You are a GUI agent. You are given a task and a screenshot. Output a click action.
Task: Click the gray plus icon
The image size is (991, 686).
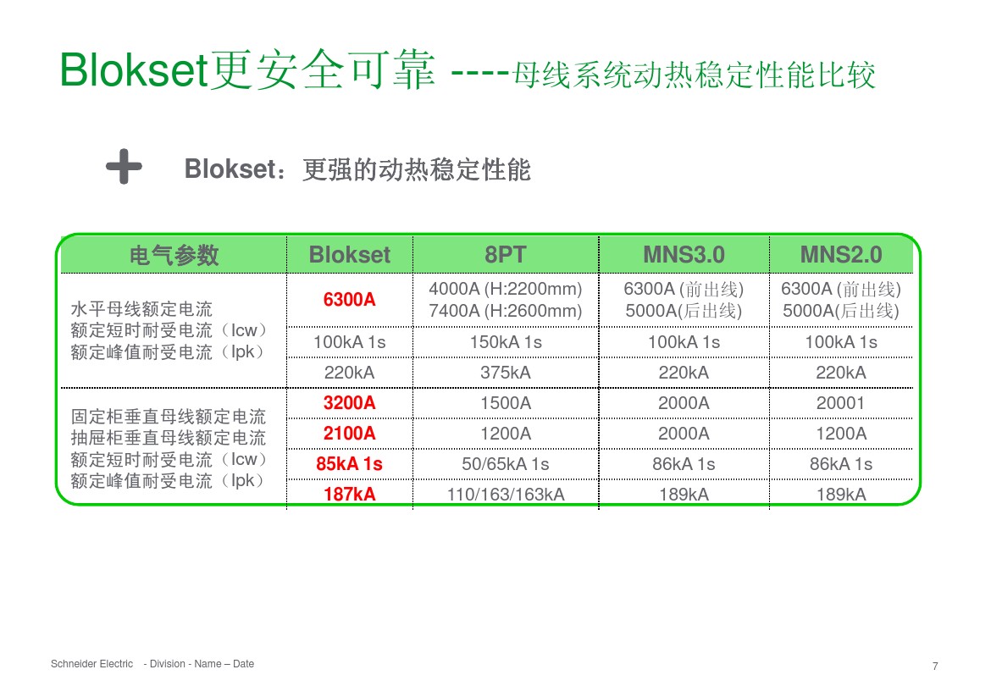click(x=124, y=168)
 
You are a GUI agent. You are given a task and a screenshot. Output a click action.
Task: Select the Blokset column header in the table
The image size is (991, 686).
click(x=350, y=255)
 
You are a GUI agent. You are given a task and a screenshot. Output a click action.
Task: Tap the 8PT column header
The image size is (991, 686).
click(x=506, y=255)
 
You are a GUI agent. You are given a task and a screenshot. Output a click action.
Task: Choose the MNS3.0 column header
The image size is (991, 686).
click(x=684, y=255)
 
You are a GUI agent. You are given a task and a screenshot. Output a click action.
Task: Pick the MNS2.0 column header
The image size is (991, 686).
click(x=841, y=255)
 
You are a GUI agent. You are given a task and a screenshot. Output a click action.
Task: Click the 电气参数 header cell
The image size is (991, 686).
click(x=174, y=255)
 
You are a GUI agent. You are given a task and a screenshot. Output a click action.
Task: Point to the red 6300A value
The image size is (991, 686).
click(x=350, y=300)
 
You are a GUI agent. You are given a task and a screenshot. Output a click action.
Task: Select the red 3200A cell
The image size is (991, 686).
click(x=350, y=403)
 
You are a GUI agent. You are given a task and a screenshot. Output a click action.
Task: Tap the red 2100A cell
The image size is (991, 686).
click(x=350, y=434)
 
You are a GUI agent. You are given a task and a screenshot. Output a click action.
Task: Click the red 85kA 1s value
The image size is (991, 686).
click(x=350, y=464)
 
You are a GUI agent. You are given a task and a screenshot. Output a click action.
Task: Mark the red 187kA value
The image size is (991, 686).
click(x=350, y=495)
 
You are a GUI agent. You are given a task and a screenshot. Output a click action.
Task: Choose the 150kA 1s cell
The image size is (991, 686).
click(x=506, y=342)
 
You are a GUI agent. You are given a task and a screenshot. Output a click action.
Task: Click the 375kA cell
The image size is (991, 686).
click(x=506, y=373)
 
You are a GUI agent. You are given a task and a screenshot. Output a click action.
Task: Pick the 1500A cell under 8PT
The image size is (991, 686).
click(x=506, y=403)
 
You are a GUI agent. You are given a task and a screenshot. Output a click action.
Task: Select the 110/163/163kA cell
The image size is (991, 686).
click(x=506, y=495)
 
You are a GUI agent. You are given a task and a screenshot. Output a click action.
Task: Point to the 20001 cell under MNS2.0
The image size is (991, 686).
click(x=841, y=403)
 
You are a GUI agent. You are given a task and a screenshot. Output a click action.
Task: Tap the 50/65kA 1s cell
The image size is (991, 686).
click(x=506, y=464)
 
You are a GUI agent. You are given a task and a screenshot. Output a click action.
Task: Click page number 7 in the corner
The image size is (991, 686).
click(x=935, y=666)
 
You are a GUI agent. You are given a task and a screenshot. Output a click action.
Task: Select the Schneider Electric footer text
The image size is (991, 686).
click(x=92, y=664)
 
